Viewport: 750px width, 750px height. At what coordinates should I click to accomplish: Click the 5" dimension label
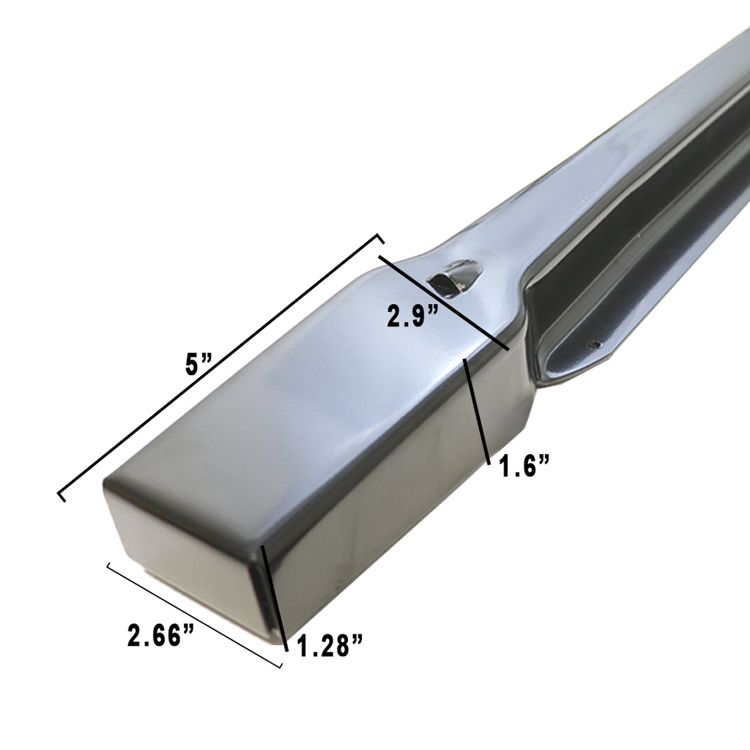pyautogui.click(x=198, y=364)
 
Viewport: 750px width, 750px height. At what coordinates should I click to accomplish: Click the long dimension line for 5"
pyautogui.click(x=220, y=366)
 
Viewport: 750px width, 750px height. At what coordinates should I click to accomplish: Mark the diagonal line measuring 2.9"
pyautogui.click(x=443, y=301)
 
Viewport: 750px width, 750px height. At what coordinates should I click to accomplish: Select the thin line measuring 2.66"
pyautogui.click(x=194, y=615)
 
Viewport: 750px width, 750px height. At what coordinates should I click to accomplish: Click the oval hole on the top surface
pyautogui.click(x=453, y=275)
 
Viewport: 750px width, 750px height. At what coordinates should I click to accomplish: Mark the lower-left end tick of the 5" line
pyautogui.click(x=62, y=496)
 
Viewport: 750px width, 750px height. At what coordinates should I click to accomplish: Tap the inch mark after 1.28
pyautogui.click(x=357, y=642)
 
